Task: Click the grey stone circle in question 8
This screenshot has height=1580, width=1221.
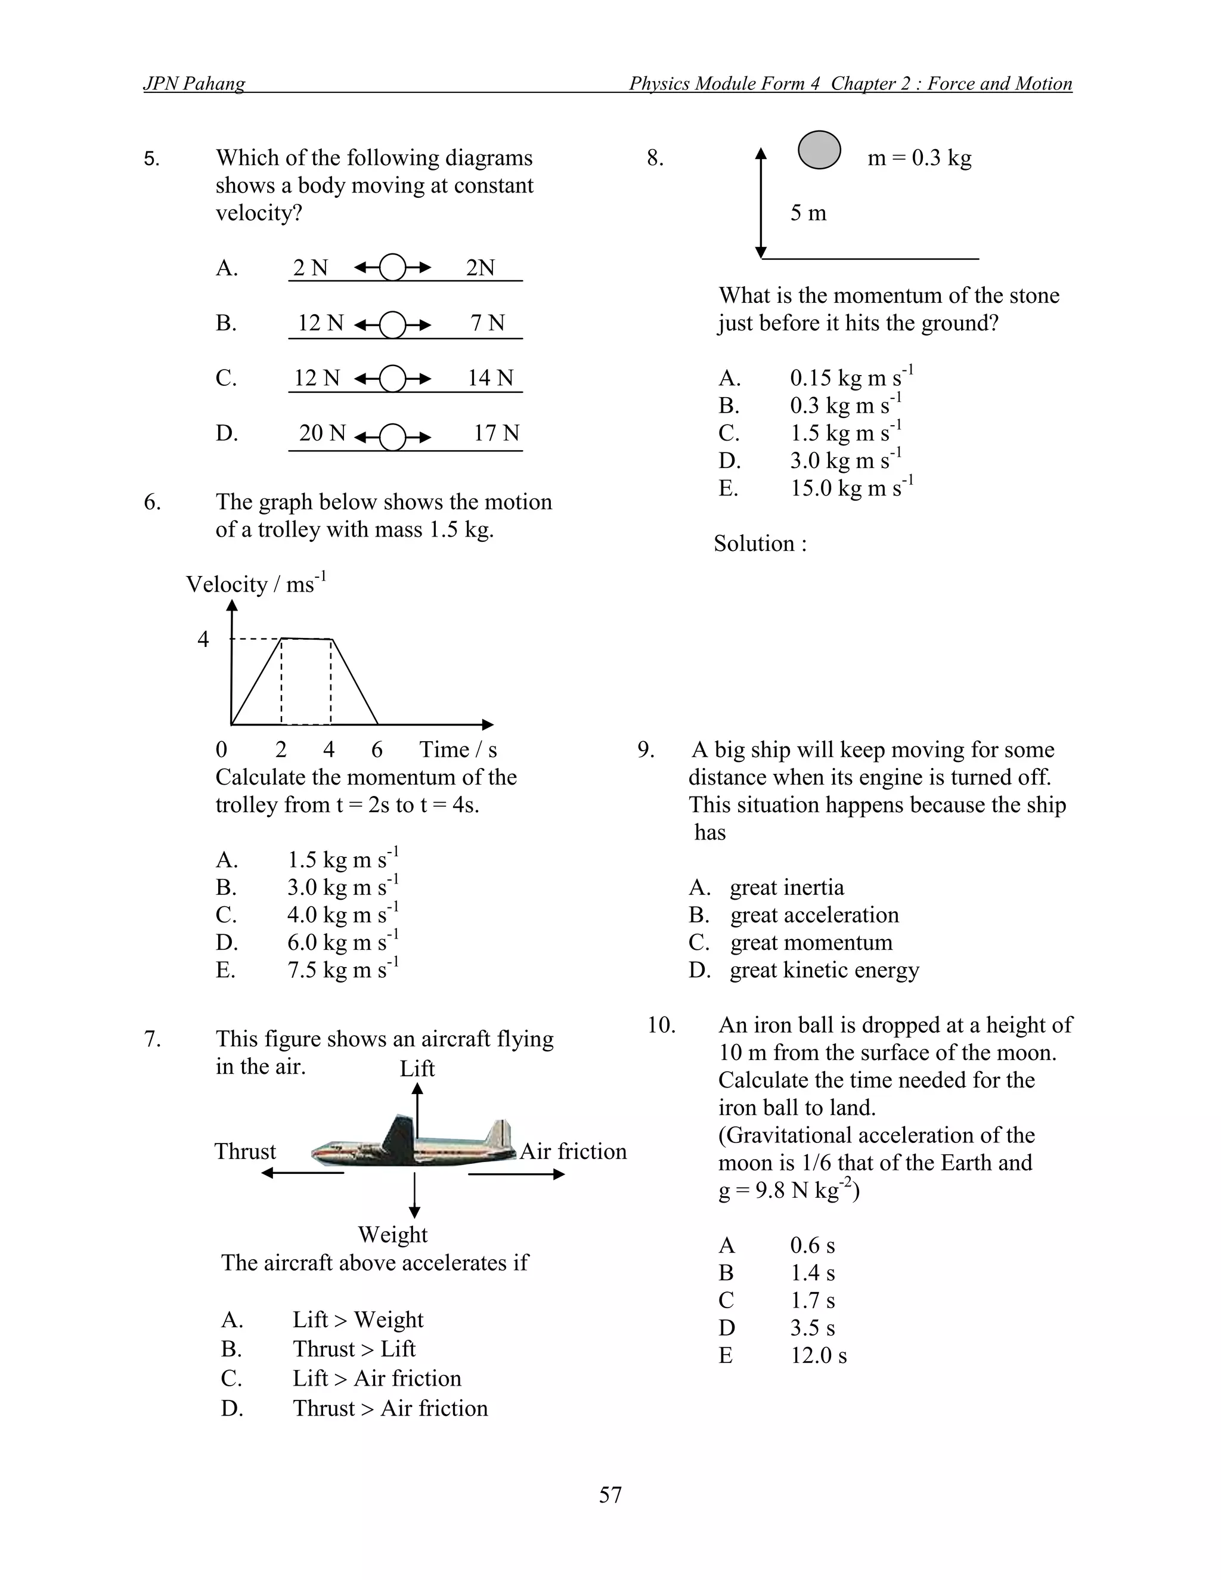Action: [x=819, y=150]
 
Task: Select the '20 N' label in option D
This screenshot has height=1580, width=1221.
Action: [x=323, y=433]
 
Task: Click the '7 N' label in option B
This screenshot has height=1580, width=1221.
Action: [x=488, y=323]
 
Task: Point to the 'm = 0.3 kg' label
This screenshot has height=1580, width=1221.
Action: [x=919, y=158]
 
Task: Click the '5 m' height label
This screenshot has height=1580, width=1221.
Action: [x=808, y=213]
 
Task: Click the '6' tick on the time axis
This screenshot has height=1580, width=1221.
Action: [x=377, y=749]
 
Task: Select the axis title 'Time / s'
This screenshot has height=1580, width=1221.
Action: [x=458, y=749]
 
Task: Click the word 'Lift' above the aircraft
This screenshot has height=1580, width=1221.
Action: [x=417, y=1068]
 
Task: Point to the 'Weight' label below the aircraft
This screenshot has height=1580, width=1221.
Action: [x=393, y=1234]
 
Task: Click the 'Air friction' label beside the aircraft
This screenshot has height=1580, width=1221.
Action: [x=573, y=1151]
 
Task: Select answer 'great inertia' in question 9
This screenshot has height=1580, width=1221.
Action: [x=786, y=887]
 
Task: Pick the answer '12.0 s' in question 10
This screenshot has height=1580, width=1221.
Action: [x=818, y=1355]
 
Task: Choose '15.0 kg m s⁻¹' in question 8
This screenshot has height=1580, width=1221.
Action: [x=851, y=488]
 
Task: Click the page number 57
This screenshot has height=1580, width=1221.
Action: [x=610, y=1494]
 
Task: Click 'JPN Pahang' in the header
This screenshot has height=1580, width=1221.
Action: [x=194, y=84]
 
